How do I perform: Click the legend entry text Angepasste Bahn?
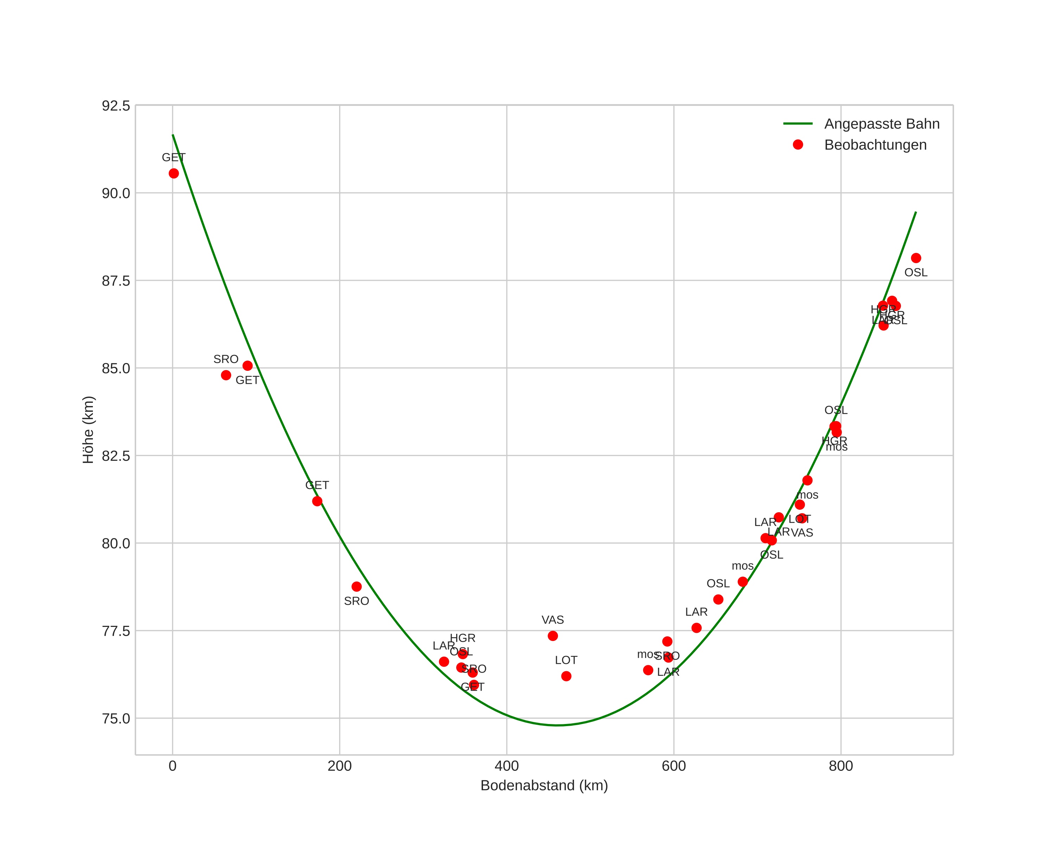pos(882,124)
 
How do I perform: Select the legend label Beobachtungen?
pos(875,145)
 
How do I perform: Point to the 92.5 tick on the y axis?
pos(116,106)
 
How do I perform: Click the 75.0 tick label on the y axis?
pos(116,718)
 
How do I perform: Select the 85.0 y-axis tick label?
pos(116,368)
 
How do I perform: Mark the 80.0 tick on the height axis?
pos(116,544)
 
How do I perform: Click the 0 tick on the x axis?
pos(172,766)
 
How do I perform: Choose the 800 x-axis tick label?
pos(841,766)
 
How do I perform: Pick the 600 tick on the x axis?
pos(674,766)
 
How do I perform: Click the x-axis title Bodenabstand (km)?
pos(544,786)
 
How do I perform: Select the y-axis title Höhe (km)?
pos(88,430)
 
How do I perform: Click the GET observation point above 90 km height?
pos(174,173)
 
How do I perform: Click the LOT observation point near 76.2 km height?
pos(566,677)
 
